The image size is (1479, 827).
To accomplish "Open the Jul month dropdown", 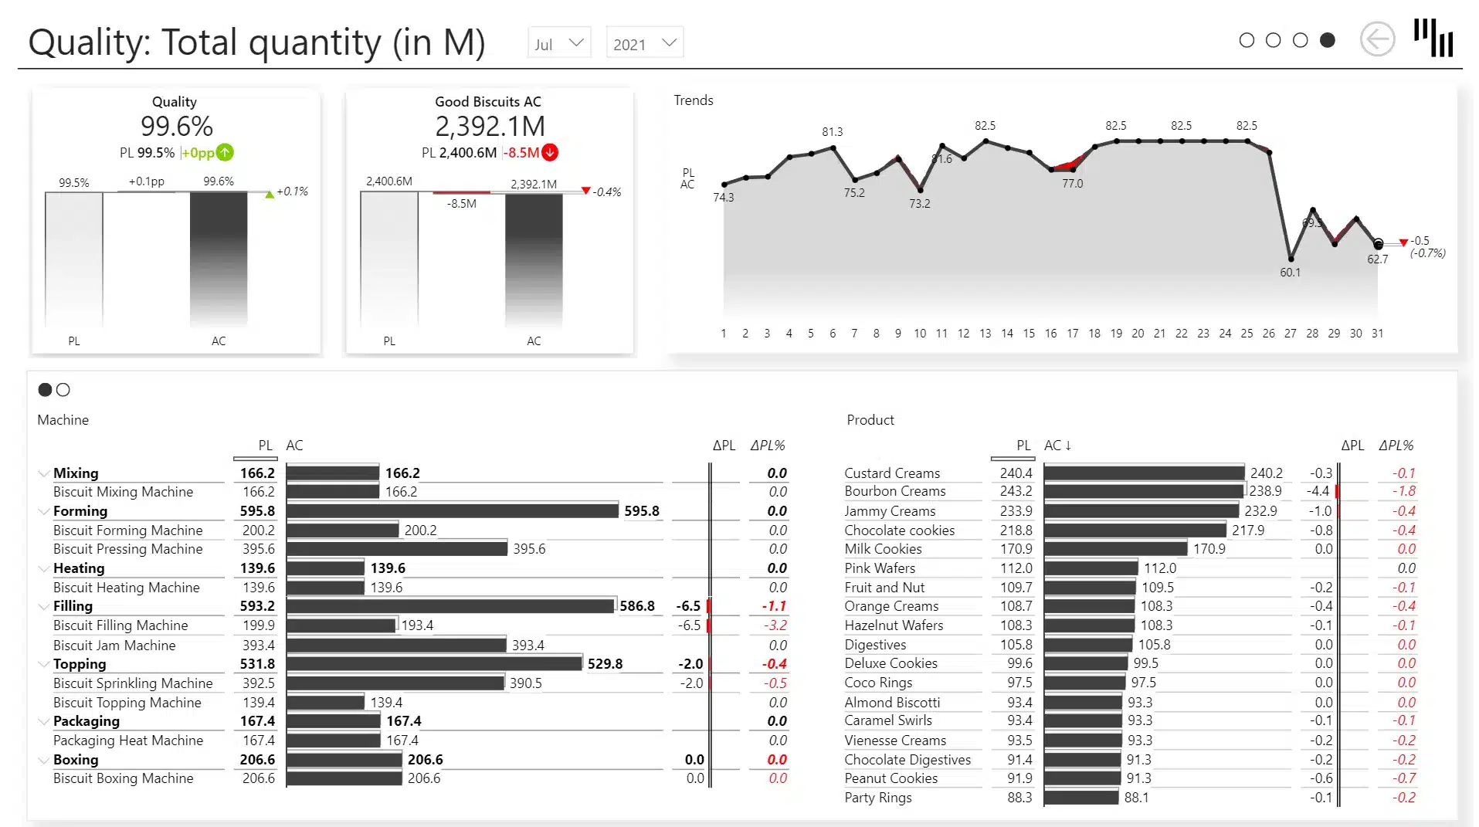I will pos(559,43).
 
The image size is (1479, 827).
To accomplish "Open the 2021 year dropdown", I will pos(644,43).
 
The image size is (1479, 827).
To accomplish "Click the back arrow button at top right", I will pos(1377,39).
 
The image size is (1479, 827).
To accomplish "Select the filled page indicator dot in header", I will pos(1327,40).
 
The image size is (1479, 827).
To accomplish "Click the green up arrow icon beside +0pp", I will pos(225,152).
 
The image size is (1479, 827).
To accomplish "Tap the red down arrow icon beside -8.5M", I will pos(550,152).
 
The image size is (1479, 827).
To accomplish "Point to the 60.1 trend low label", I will pos(1290,273).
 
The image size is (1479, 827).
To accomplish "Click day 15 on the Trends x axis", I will pos(1029,334).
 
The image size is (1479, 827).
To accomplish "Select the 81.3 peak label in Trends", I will pos(832,132).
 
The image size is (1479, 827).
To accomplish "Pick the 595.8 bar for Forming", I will pos(452,511).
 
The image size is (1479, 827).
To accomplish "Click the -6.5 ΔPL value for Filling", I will pos(687,606).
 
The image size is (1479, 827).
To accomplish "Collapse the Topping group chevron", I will pos(43,664).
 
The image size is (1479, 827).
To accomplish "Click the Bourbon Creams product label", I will pos(894,491).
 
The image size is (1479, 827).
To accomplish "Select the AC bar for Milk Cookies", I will pos(1115,549).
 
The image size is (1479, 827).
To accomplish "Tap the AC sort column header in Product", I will pos(1057,446).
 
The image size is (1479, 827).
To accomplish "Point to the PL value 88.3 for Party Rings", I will pos(1019,798).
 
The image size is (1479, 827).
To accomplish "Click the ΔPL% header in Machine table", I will pos(767,446).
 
